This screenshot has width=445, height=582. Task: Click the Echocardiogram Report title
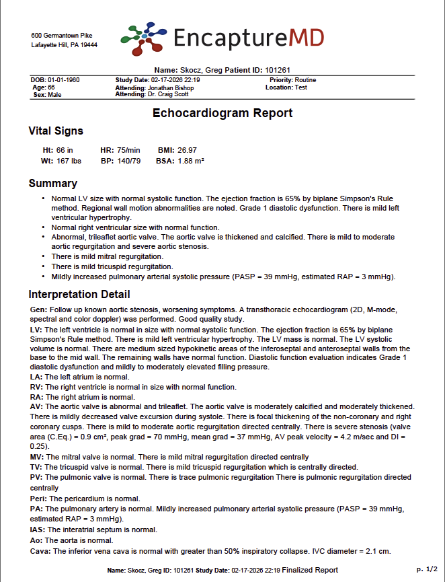[x=222, y=113]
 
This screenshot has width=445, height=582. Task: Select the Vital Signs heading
[x=56, y=131]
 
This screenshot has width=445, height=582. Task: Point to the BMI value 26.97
[x=187, y=150]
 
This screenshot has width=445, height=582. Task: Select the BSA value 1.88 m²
[x=191, y=161]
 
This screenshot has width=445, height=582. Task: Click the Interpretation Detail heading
[x=79, y=294]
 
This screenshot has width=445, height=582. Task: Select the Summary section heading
[x=52, y=183]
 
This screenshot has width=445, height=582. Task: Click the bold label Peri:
[x=38, y=499]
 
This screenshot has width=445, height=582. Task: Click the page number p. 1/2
[x=426, y=569]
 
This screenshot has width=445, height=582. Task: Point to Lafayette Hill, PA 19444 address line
[x=65, y=45]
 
